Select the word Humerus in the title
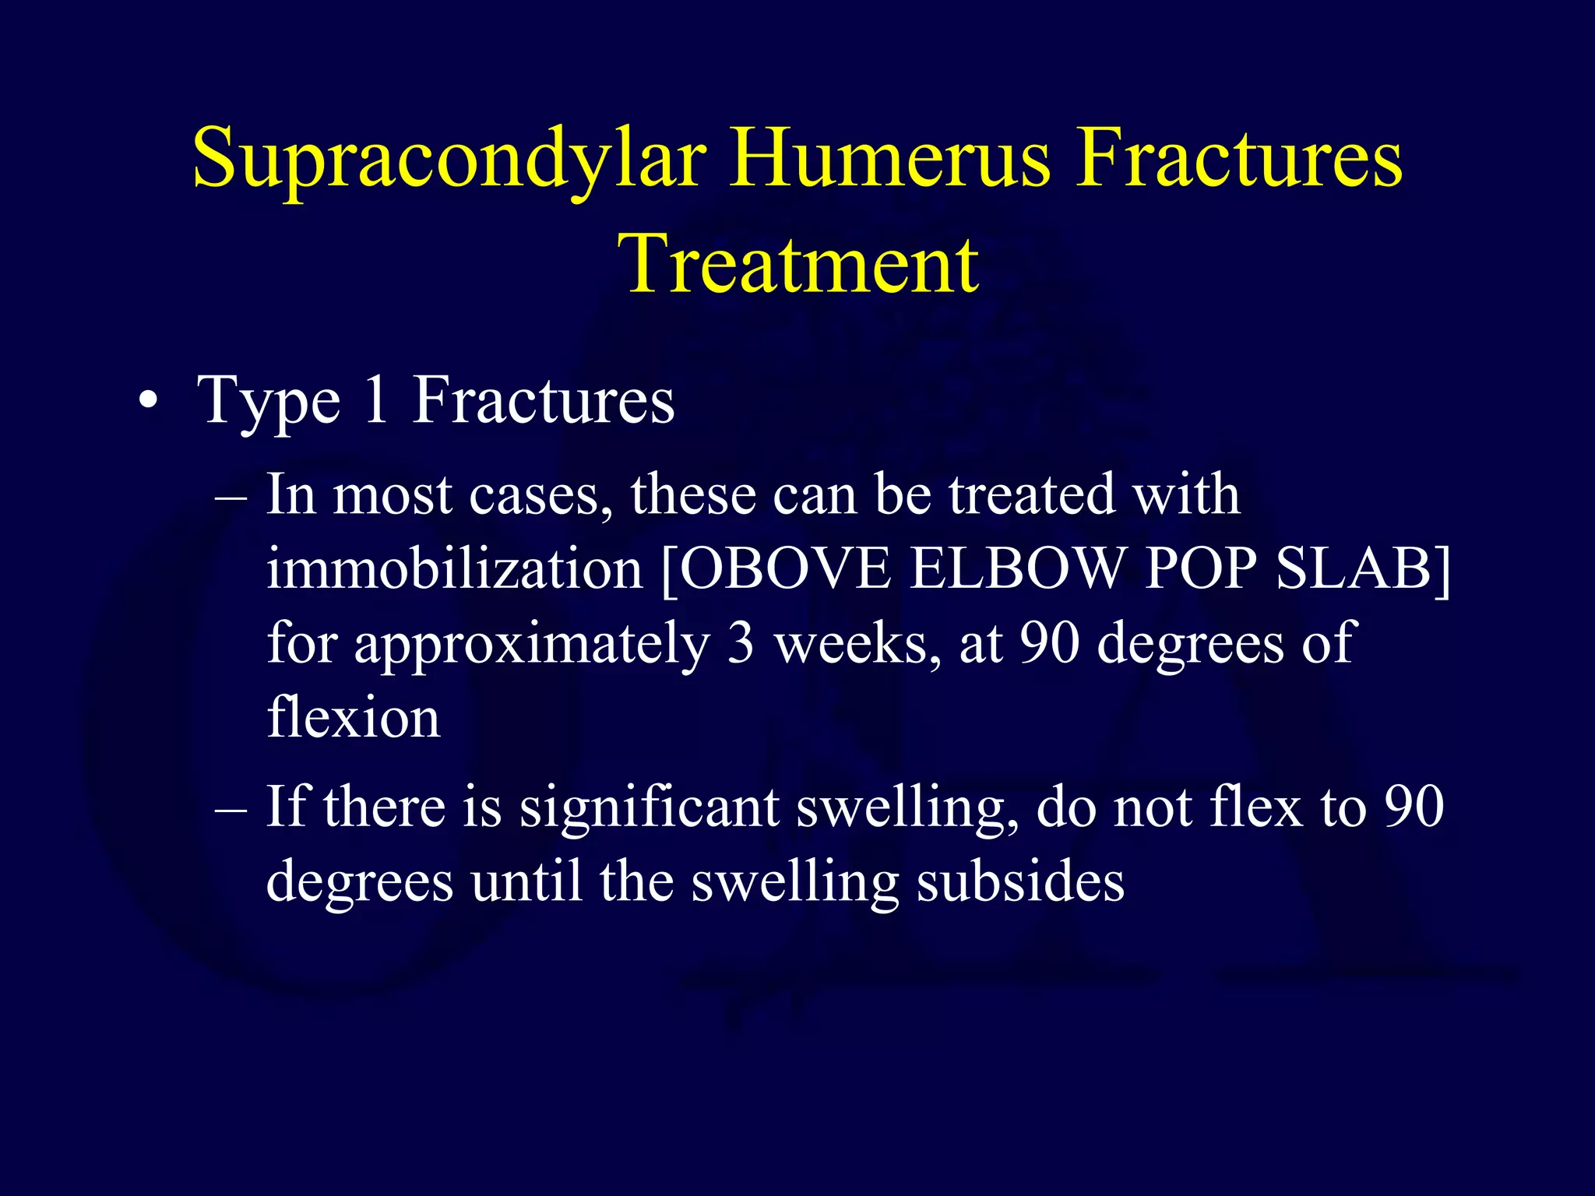coord(889,158)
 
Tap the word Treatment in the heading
coord(797,265)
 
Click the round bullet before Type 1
coord(148,404)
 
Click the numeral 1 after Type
coord(377,400)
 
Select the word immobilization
coord(454,568)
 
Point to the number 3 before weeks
coord(741,643)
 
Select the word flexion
coord(353,717)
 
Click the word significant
coord(650,807)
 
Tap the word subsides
coord(1020,882)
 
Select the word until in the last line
coord(526,882)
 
